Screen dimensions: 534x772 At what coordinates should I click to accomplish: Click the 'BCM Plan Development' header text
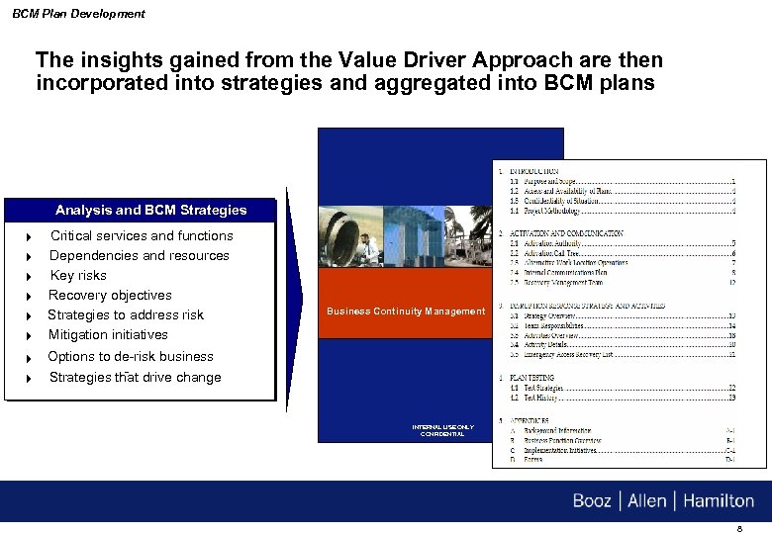tap(78, 14)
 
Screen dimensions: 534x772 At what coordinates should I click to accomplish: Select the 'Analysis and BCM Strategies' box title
tap(150, 210)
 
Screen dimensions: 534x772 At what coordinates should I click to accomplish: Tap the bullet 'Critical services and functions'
tap(142, 235)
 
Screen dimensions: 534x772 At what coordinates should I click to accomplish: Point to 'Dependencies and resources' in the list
tap(139, 255)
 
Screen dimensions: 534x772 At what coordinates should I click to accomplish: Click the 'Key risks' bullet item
tap(78, 275)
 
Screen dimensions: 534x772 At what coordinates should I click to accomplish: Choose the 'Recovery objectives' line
tap(110, 295)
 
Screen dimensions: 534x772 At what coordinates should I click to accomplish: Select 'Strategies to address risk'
tap(126, 314)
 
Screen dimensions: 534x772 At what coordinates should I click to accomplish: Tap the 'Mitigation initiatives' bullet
tap(108, 334)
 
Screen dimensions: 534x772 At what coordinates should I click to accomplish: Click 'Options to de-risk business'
tap(131, 356)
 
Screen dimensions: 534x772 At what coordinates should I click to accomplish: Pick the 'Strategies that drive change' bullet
tap(135, 377)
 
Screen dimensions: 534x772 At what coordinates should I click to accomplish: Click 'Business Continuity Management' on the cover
tap(406, 311)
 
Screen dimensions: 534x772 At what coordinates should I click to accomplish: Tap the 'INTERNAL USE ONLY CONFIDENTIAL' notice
tap(442, 430)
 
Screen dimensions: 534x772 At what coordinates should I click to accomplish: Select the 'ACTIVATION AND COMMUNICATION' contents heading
tap(567, 232)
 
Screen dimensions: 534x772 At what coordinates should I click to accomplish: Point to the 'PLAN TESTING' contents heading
tap(532, 378)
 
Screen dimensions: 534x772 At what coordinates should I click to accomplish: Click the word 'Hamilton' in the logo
tap(718, 500)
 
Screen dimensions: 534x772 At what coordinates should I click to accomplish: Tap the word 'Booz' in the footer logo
tap(592, 500)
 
